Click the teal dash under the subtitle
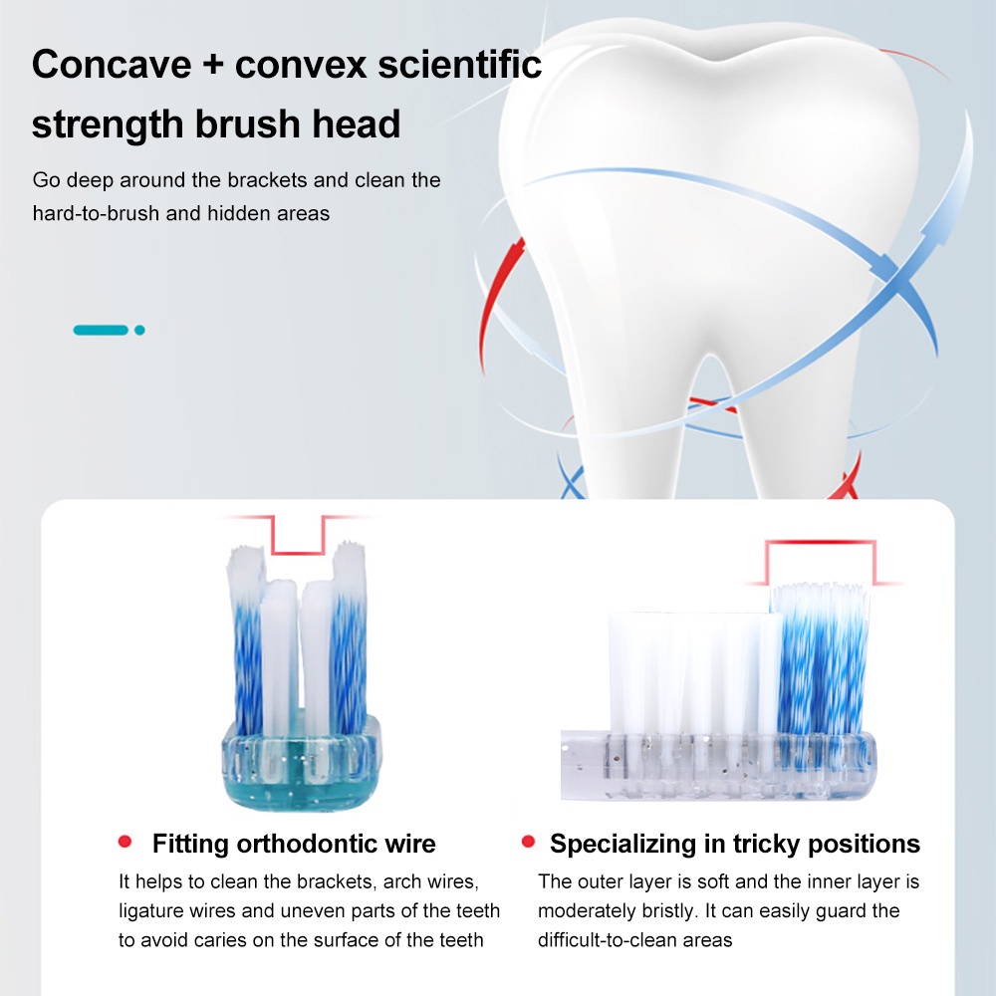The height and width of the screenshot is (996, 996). [x=101, y=330]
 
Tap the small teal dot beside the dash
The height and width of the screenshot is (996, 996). [x=139, y=330]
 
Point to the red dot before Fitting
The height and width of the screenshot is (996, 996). [x=124, y=842]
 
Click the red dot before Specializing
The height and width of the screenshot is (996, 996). [x=528, y=842]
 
